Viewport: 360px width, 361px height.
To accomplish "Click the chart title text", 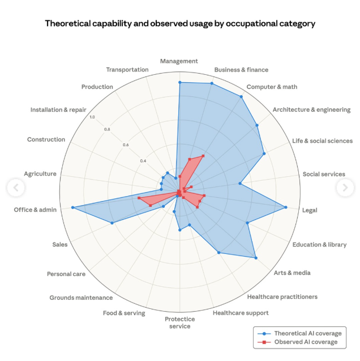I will click(x=180, y=23).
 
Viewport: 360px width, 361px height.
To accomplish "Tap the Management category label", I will click(x=179, y=61).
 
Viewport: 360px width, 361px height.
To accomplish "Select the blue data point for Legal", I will click(x=285, y=207).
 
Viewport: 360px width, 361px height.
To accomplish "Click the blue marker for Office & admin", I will click(x=73, y=207).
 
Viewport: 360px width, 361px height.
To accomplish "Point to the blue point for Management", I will click(x=180, y=83).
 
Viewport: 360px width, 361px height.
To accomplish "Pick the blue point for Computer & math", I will click(x=241, y=97).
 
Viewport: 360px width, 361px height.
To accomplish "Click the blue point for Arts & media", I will click(x=256, y=258).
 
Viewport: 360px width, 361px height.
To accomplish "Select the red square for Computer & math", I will click(x=203, y=156).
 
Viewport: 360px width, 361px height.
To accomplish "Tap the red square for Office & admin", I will click(x=139, y=198).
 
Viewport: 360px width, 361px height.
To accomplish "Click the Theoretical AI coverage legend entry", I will click(x=306, y=333).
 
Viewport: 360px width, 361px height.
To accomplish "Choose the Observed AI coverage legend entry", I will click(x=305, y=342).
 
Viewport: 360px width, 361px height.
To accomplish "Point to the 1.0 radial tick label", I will click(x=92, y=117).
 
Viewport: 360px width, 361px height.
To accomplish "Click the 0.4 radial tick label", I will click(x=144, y=160).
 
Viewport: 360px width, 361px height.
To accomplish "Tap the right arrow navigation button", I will click(x=344, y=188).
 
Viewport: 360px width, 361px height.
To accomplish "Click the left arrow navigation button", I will click(x=15, y=188).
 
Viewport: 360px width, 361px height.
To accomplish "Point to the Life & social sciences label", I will click(x=322, y=141).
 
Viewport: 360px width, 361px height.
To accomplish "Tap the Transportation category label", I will click(x=127, y=70).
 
